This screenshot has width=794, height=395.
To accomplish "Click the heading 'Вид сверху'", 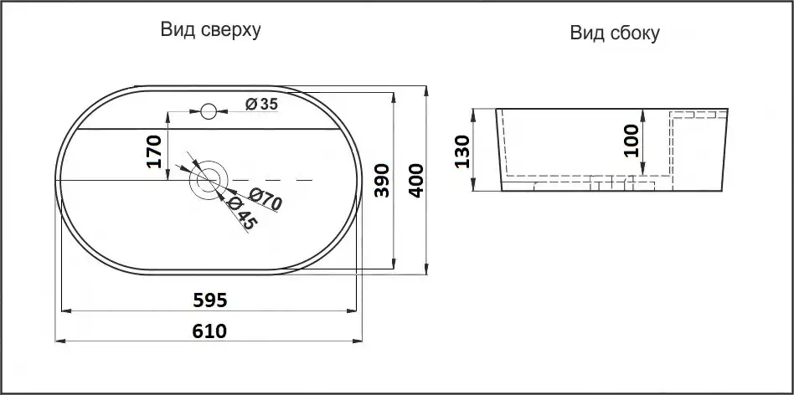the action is pos(211,29).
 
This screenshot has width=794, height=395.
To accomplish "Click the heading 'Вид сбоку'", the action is pos(615,33).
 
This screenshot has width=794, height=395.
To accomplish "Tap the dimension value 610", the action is pos(209,331).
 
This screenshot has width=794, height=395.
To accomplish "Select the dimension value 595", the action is pos(210,300).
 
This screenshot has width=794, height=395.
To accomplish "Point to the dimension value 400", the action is pos(416,180).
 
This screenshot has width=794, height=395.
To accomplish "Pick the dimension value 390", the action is pos(382,180).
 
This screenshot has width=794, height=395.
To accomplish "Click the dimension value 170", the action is pos(154,151).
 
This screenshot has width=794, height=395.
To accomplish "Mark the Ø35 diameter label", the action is pos(262,104).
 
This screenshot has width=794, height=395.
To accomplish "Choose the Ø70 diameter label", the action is pos(266,199).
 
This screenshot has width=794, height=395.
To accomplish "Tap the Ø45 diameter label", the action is pos(243,213).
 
